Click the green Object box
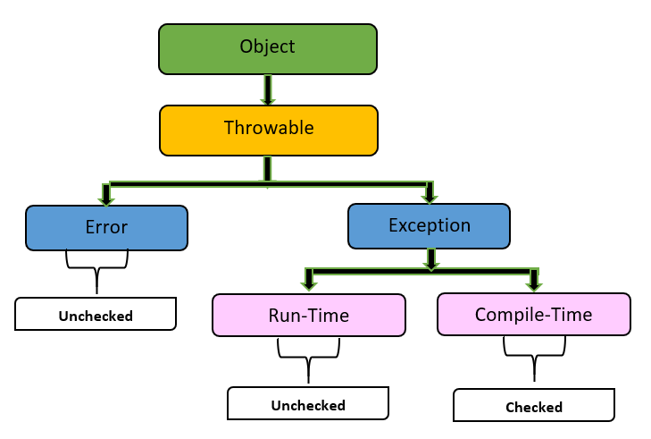tap(267, 48)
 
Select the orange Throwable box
tap(268, 130)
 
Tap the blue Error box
tap(106, 227)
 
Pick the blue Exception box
tap(429, 225)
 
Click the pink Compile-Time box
tap(533, 314)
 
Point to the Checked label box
tap(534, 407)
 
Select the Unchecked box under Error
tap(96, 315)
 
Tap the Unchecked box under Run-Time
tap(308, 404)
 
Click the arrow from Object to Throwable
tap(267, 89)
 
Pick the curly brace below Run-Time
tap(308, 357)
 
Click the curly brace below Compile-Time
tap(534, 356)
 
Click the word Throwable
tap(268, 128)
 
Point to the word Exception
tap(429, 224)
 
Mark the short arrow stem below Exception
tap(431, 258)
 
